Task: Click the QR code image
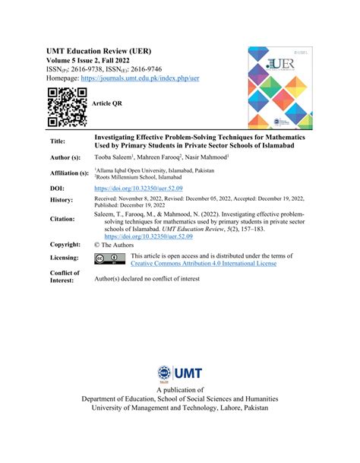[x=63, y=106]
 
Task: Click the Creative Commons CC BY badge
[x=110, y=258]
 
